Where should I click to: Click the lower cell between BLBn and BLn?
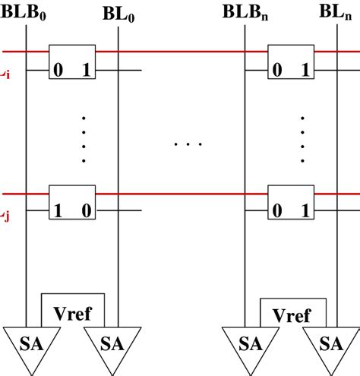[291, 202]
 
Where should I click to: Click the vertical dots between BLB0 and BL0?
[84, 139]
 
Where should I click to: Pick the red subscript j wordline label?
[5, 219]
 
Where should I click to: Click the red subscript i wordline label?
[5, 76]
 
